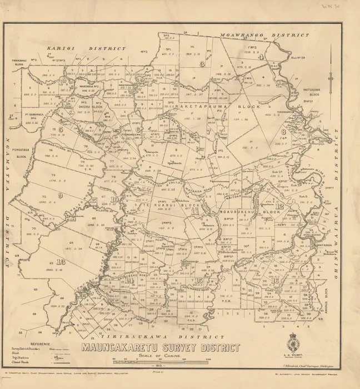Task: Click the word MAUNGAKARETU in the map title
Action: [x=119, y=349]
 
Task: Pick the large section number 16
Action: [x=276, y=281]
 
